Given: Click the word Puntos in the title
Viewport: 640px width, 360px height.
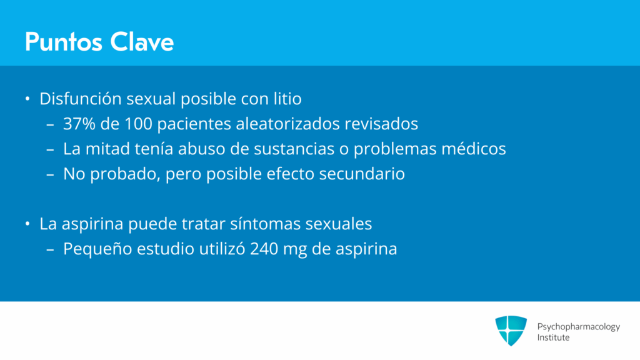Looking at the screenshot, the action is [x=63, y=42].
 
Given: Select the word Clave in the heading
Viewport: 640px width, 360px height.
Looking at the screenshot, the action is [x=142, y=42].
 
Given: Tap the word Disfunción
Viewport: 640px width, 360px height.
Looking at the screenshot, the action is [x=81, y=99].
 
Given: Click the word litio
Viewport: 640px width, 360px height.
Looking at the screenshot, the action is [x=287, y=99].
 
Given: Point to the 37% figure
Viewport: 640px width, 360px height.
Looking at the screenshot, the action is [x=79, y=124].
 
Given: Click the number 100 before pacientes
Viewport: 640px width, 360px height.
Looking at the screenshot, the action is [x=138, y=124].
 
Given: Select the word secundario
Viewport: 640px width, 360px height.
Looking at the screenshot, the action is [x=362, y=174].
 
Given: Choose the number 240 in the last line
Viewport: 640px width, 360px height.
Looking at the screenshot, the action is [x=264, y=249].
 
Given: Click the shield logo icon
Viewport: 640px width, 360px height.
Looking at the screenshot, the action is [x=511, y=331].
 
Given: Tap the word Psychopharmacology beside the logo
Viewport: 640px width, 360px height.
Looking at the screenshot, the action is [x=578, y=327].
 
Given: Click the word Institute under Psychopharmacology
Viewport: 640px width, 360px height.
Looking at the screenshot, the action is [x=553, y=337].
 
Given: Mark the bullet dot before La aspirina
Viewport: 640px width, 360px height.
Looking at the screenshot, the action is [x=27, y=224].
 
